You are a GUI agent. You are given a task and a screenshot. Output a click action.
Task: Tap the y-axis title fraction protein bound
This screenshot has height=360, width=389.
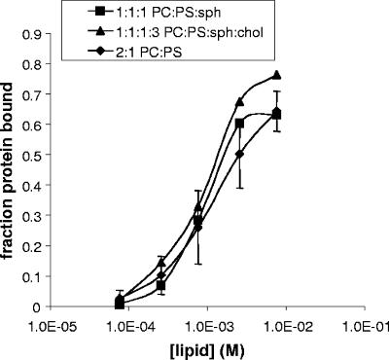pyautogui.click(x=12, y=170)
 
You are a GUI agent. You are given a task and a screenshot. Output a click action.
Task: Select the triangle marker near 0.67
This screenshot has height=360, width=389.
pyautogui.click(x=239, y=102)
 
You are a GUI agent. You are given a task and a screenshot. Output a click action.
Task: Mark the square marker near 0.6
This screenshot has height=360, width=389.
pyautogui.click(x=239, y=124)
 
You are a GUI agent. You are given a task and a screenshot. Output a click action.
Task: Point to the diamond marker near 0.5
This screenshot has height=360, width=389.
pyautogui.click(x=239, y=154)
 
